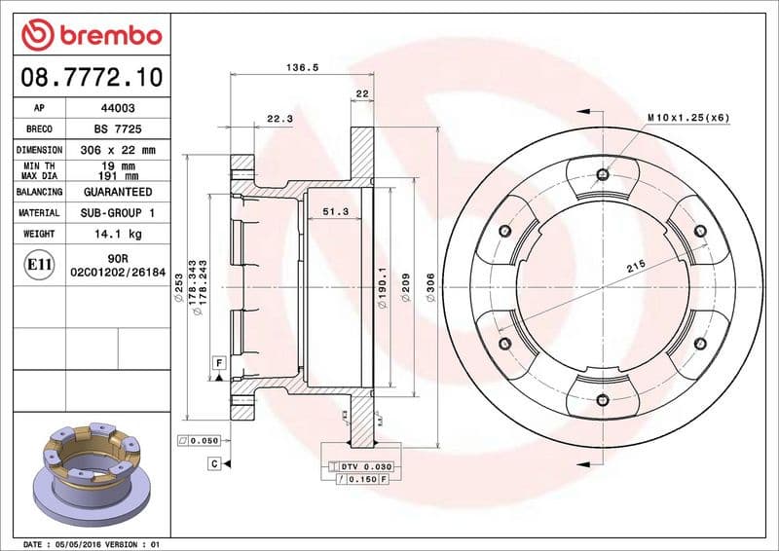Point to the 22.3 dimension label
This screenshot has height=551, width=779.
[x=279, y=119]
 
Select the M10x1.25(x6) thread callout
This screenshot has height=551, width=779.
[x=688, y=117]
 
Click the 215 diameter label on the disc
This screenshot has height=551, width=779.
[x=637, y=265]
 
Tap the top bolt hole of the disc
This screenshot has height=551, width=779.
[x=603, y=175]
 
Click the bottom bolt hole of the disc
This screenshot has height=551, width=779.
[x=603, y=399]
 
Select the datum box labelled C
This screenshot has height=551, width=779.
[x=213, y=463]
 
